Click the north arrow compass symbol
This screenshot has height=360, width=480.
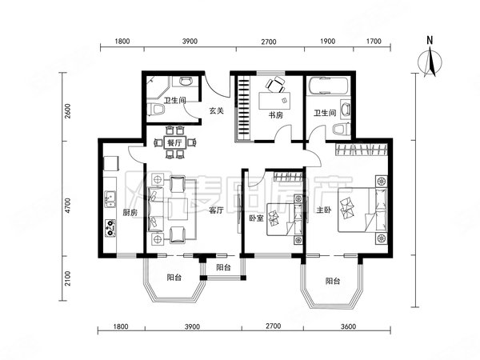[x=430, y=61]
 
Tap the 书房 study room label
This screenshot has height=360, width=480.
[x=275, y=114]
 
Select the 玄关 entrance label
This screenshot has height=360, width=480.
[x=216, y=110]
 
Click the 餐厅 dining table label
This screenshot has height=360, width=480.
[x=174, y=142]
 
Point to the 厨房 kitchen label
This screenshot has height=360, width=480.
[x=130, y=213]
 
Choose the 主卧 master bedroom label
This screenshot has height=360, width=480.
[x=324, y=210]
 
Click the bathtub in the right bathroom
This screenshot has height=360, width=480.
[x=329, y=86]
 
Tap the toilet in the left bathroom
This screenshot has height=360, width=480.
[x=157, y=110]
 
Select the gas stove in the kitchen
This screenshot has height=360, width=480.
[x=110, y=228]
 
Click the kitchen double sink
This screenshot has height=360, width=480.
[x=110, y=198]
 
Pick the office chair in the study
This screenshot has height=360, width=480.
[x=276, y=84]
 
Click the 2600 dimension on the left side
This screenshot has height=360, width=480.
[x=67, y=111]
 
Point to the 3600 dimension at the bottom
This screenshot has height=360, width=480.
[x=348, y=326]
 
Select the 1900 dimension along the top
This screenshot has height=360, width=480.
[x=327, y=41]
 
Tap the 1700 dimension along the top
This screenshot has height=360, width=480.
[x=374, y=41]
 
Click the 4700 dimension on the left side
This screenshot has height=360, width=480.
[x=67, y=206]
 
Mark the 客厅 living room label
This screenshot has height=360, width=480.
[x=216, y=210]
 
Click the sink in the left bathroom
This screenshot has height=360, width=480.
[x=186, y=82]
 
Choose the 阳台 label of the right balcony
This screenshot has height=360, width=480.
[x=333, y=281]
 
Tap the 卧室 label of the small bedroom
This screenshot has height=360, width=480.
[x=256, y=218]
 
